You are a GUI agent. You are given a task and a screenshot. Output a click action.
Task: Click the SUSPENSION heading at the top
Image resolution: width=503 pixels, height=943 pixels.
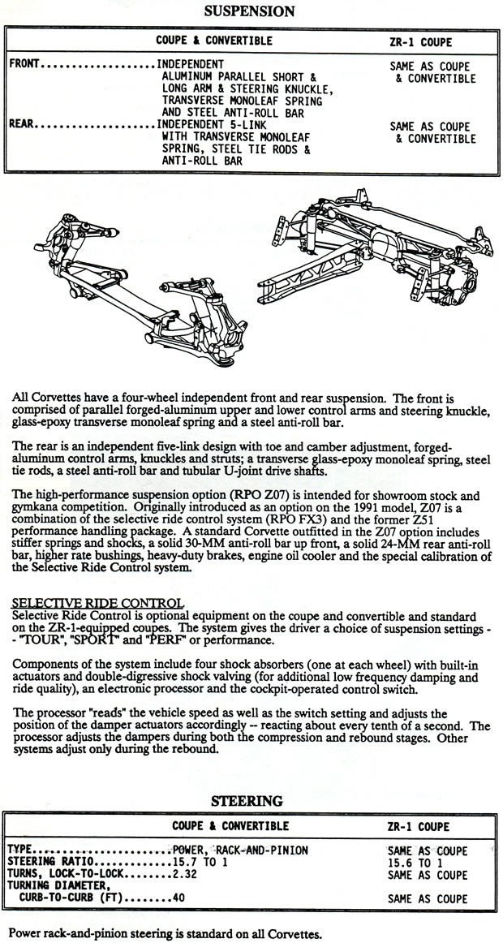[x=249, y=11]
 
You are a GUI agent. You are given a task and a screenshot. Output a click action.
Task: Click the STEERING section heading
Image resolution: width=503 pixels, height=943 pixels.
[x=247, y=801]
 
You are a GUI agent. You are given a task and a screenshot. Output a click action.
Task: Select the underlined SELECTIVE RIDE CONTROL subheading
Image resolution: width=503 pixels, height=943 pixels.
[x=97, y=603]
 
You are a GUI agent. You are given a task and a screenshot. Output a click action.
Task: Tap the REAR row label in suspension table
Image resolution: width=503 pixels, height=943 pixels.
[x=22, y=124]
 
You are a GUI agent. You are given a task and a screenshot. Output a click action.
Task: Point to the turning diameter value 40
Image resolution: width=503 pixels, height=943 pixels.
[x=179, y=898]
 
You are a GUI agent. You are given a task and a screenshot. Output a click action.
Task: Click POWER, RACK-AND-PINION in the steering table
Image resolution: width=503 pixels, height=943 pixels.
[x=240, y=850]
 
